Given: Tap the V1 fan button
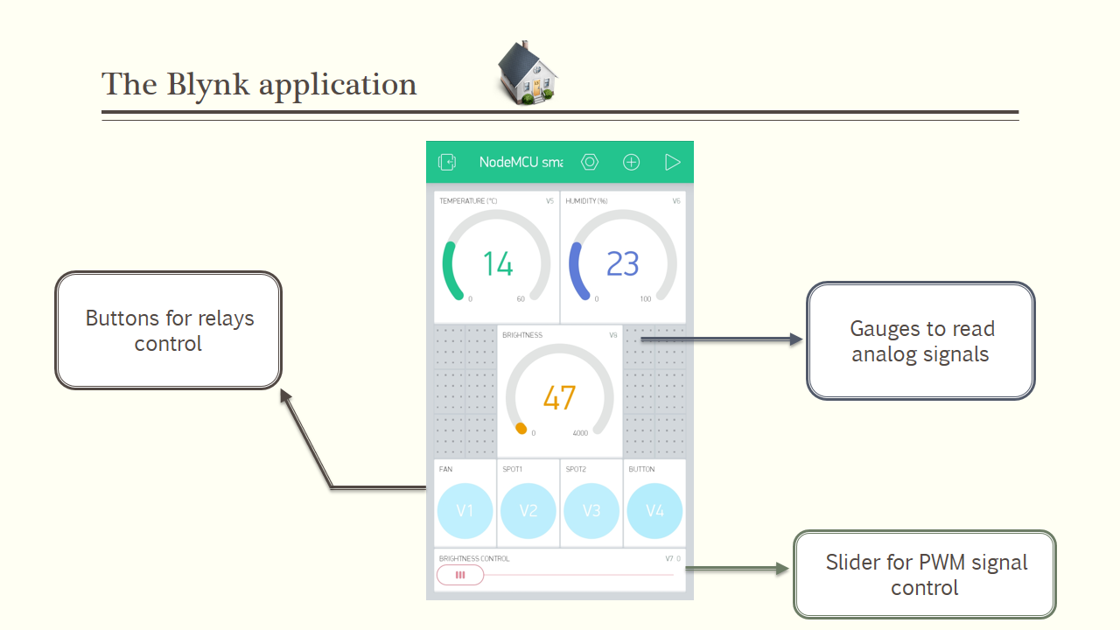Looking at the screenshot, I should [x=465, y=510].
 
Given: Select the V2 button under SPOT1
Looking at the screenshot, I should [x=528, y=510].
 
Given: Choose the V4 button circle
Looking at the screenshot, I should [x=654, y=510].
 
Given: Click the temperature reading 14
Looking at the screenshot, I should [x=498, y=264].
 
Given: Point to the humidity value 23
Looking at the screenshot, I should [x=623, y=264].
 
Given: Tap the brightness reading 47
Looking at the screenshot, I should [x=559, y=398].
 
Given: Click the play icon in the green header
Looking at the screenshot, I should [x=672, y=162].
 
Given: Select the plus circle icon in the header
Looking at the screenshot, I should [x=631, y=162].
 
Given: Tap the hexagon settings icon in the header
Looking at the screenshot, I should [x=590, y=162].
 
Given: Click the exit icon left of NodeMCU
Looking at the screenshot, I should [x=447, y=162].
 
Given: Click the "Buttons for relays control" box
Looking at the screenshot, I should [x=168, y=331].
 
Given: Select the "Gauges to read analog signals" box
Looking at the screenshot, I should [x=920, y=341].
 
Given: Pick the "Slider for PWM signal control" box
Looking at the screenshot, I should [x=925, y=574].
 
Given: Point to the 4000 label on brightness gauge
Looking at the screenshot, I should [x=580, y=433].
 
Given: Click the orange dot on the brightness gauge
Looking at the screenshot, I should [x=521, y=429].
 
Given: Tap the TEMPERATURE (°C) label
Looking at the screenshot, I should [x=468, y=201].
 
